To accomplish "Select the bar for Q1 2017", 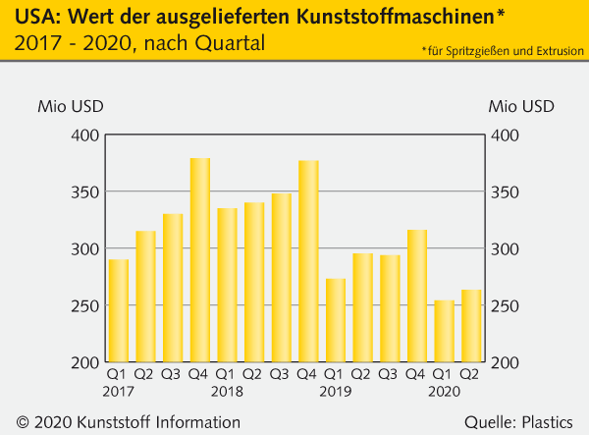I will (119, 310).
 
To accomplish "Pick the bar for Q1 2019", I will (336, 320).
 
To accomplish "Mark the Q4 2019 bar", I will (417, 296).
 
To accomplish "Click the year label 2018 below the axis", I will (228, 391).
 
